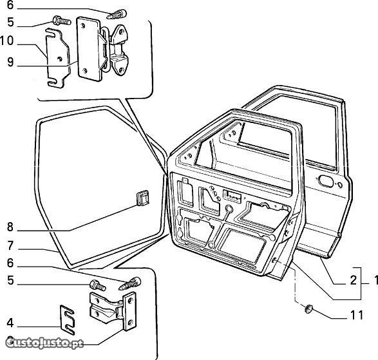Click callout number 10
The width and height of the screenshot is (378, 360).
(x=6, y=41)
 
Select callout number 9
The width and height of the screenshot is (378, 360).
(x=10, y=62)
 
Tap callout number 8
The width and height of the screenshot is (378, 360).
(x=10, y=227)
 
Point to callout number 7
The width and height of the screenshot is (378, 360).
(x=10, y=245)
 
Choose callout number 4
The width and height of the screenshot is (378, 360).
(x=10, y=323)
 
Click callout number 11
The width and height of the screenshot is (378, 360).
(x=357, y=315)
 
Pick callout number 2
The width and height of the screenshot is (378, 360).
(x=353, y=280)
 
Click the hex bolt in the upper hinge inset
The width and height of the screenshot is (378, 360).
(x=61, y=21)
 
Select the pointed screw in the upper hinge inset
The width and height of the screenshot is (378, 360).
(x=117, y=14)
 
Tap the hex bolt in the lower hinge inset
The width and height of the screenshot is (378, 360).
(x=97, y=285)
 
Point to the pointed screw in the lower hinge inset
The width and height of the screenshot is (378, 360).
(x=130, y=283)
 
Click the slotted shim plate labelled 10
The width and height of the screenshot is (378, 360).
(x=58, y=58)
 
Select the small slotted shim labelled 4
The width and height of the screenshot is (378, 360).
(x=67, y=319)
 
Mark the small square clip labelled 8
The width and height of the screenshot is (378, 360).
(x=142, y=198)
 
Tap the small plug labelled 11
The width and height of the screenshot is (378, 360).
(x=308, y=309)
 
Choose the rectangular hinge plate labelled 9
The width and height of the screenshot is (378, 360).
(x=90, y=49)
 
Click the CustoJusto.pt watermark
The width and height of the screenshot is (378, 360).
(x=44, y=343)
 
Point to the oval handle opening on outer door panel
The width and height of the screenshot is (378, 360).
(x=326, y=181)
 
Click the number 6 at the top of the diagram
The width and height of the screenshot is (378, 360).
(x=10, y=5)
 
